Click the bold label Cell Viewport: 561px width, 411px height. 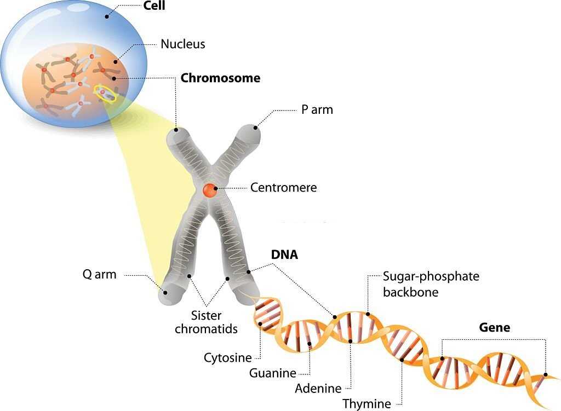(154, 7)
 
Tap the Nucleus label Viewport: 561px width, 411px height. (182, 44)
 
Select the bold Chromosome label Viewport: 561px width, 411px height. (220, 78)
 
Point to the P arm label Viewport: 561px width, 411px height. (317, 110)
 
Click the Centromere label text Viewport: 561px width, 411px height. (283, 188)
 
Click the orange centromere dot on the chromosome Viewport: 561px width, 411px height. (210, 190)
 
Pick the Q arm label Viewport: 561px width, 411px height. (99, 274)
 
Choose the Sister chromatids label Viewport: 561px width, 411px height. (214, 322)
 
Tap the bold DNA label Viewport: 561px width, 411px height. (284, 254)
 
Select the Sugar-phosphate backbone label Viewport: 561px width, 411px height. (431, 284)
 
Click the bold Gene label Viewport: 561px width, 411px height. (494, 328)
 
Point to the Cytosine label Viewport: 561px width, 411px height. (227, 358)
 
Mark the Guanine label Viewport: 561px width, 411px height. (272, 374)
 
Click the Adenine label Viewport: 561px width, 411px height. (318, 389)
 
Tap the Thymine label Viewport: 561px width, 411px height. (367, 404)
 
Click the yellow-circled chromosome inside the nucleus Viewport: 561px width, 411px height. (106, 94)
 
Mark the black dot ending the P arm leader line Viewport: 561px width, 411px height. (255, 129)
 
